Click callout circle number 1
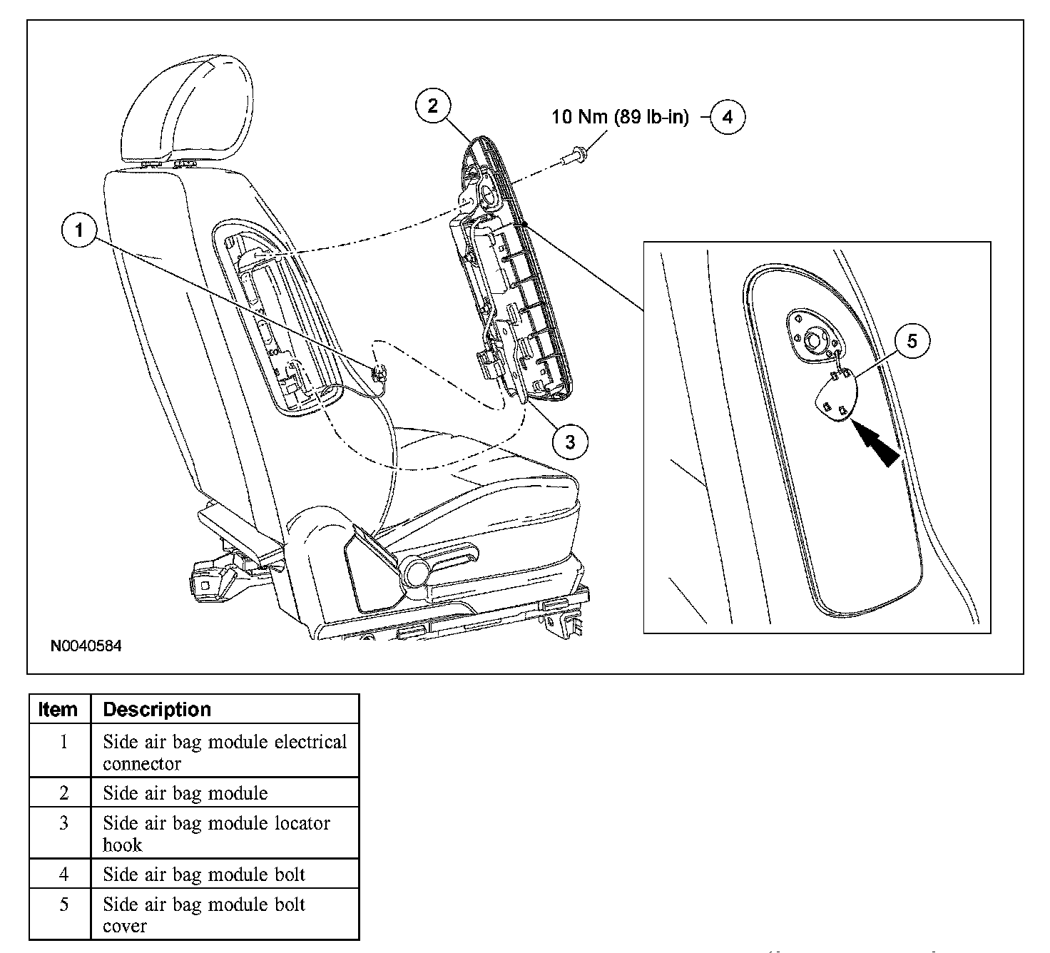coord(79,230)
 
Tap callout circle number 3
coord(570,442)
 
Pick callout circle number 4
coord(727,116)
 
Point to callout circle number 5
coord(912,342)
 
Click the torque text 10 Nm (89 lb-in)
coord(620,117)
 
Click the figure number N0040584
coord(86,647)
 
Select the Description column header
coord(157,710)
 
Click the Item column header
coord(58,710)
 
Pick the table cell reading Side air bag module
coord(185,793)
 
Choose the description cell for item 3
coord(216,833)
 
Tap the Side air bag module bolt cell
coord(204,875)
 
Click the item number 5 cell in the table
coord(63,904)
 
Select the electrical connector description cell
coord(224,753)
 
